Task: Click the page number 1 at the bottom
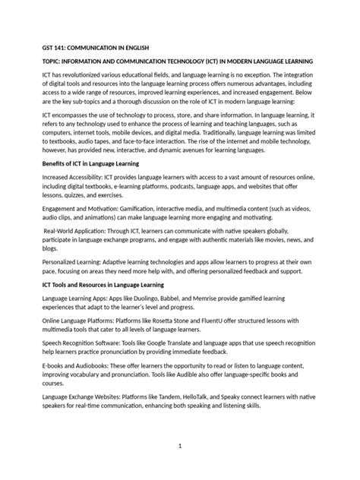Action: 180,446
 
